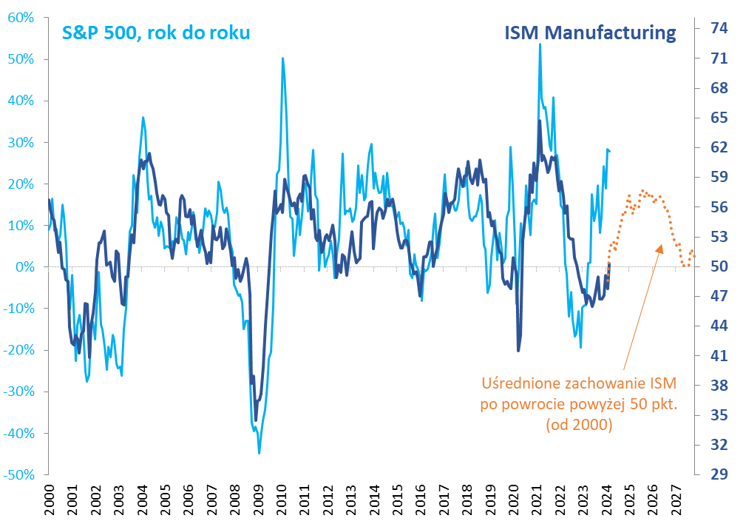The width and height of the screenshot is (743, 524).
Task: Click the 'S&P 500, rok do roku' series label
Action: pyautogui.click(x=155, y=33)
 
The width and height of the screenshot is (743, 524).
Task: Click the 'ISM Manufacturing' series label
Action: pyautogui.click(x=590, y=33)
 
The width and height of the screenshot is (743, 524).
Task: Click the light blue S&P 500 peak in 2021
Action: pyautogui.click(x=540, y=44)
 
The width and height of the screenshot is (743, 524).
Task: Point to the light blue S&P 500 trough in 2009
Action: pyautogui.click(x=259, y=452)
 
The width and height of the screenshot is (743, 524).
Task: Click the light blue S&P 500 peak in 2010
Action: pyautogui.click(x=282, y=58)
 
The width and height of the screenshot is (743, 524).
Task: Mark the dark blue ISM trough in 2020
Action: pyautogui.click(x=518, y=350)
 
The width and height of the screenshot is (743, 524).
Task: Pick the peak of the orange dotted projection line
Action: pyautogui.click(x=642, y=191)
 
